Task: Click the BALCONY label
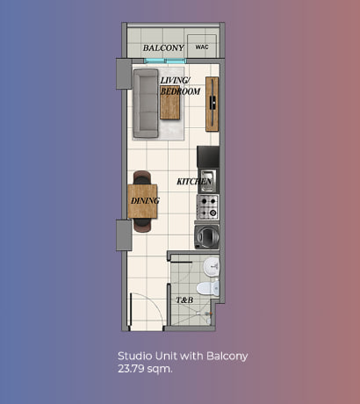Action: pyautogui.click(x=163, y=47)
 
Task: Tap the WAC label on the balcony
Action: pyautogui.click(x=202, y=47)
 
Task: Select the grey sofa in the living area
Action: pyautogui.click(x=146, y=104)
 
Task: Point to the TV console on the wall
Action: pyautogui.click(x=212, y=105)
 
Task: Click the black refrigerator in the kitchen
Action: pyautogui.click(x=208, y=157)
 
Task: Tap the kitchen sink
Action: pyautogui.click(x=208, y=181)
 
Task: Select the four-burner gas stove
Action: pyautogui.click(x=207, y=207)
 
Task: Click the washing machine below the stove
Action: pyautogui.click(x=206, y=237)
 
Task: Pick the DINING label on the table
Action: pyautogui.click(x=145, y=201)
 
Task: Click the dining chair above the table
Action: pyautogui.click(x=142, y=177)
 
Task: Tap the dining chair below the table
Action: pyautogui.click(x=142, y=226)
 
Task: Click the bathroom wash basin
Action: pyautogui.click(x=212, y=266)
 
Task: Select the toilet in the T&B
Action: pyautogui.click(x=208, y=288)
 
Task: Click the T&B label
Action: pyautogui.click(x=184, y=300)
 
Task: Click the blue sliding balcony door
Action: pyautogui.click(x=165, y=61)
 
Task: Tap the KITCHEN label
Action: pyautogui.click(x=194, y=182)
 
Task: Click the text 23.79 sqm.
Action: pyautogui.click(x=145, y=369)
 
